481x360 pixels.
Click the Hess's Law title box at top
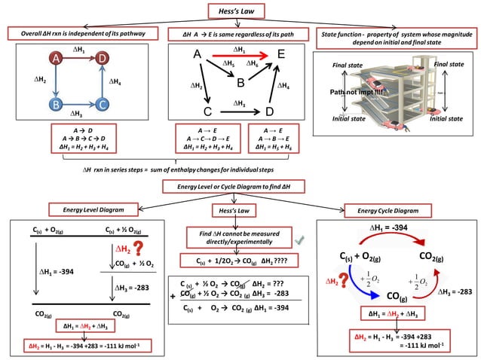click(x=240, y=11)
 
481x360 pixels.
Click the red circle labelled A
click(x=56, y=58)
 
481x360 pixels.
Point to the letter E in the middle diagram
click(x=280, y=54)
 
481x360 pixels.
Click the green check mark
click(x=299, y=239)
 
